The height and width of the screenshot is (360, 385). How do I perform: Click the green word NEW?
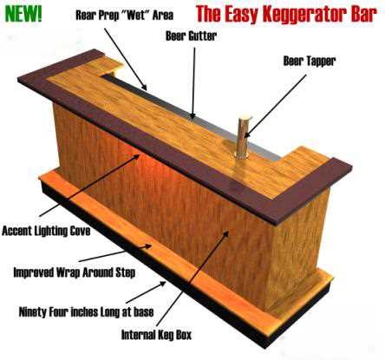[x=23, y=13]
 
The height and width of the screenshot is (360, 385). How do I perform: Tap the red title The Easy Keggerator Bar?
[x=286, y=14]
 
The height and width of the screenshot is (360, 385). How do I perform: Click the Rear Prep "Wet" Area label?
[x=125, y=15]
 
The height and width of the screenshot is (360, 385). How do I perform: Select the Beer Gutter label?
[x=191, y=36]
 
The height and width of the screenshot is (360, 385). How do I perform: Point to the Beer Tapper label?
[x=310, y=61]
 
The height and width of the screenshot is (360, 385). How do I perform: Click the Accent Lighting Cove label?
[x=46, y=231]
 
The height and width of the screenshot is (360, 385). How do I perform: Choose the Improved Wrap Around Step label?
[x=75, y=272]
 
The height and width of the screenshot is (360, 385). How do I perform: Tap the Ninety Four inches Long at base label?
[x=86, y=312]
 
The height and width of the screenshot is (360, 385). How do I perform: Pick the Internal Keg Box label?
[x=156, y=335]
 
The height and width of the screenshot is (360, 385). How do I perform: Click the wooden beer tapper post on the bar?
[x=242, y=136]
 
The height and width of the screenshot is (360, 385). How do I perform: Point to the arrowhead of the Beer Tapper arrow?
[x=246, y=134]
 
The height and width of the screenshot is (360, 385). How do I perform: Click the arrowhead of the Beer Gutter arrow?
[x=193, y=116]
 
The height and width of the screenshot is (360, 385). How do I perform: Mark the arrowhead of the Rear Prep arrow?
[x=146, y=88]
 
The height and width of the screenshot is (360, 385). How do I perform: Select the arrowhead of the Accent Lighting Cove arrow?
[x=137, y=156]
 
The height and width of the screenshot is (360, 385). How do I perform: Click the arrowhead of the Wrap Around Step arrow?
[x=148, y=246]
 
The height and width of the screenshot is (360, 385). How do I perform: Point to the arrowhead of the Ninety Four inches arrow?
[x=162, y=284]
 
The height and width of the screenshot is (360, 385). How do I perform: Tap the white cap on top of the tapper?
[x=245, y=117]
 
